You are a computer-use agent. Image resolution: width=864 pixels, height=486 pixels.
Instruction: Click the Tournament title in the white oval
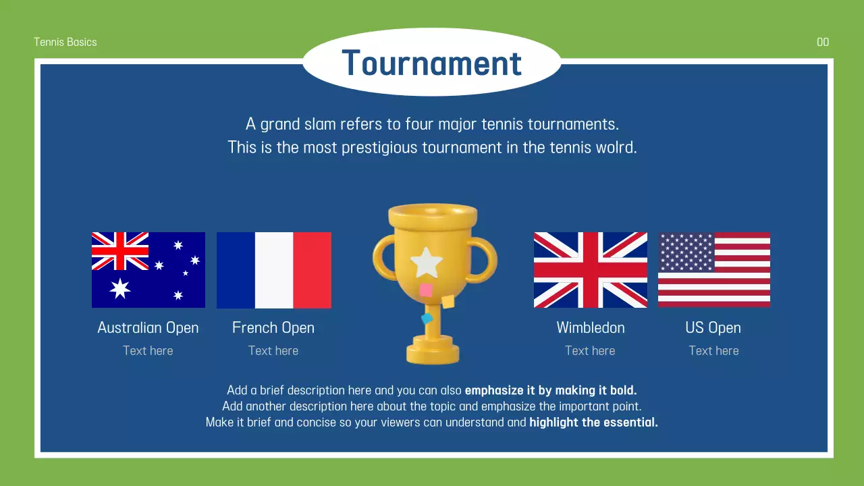[x=431, y=63]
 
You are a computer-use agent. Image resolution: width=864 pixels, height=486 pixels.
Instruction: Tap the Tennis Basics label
[x=65, y=42]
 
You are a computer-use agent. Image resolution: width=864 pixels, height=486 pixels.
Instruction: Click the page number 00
[x=823, y=42]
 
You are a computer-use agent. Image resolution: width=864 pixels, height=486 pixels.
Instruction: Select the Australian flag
[x=148, y=270]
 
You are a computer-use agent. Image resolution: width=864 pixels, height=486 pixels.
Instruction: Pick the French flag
[x=273, y=270]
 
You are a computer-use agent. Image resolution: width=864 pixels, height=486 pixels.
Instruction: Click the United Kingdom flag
[x=591, y=270]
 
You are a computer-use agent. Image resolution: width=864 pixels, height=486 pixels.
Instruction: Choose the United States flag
[x=714, y=270]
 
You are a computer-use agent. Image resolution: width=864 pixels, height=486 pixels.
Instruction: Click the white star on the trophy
[x=427, y=263]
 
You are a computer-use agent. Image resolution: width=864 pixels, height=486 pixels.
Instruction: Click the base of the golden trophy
[x=433, y=353]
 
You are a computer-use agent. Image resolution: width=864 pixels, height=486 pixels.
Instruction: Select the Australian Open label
[x=148, y=327]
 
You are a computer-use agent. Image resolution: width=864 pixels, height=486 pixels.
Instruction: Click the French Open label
[x=273, y=327]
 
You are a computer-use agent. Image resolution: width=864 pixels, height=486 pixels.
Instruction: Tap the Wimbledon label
[x=591, y=327]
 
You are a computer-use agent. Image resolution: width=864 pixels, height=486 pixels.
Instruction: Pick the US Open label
[x=713, y=327]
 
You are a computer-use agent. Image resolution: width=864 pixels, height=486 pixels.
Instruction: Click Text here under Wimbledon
[x=590, y=350]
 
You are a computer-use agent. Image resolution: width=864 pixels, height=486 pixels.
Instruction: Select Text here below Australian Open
[x=148, y=350]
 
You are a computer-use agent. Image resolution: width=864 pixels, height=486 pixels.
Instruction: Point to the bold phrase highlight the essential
[x=593, y=423]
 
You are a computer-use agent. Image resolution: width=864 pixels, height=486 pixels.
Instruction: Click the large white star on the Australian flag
[x=120, y=288]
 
